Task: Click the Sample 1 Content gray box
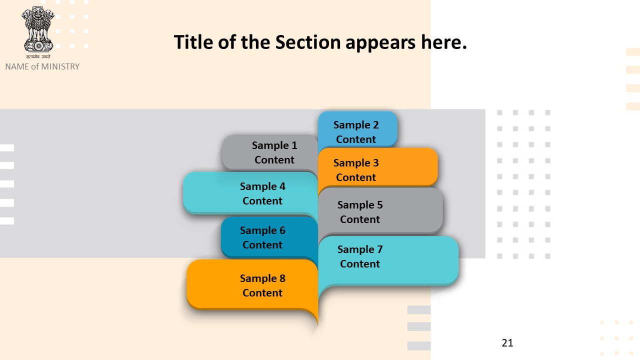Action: click(x=270, y=152)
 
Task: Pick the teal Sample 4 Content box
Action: click(x=250, y=193)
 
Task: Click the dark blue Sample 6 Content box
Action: click(x=269, y=237)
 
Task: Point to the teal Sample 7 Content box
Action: click(x=388, y=260)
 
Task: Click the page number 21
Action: click(x=507, y=343)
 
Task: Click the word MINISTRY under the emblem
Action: click(x=60, y=66)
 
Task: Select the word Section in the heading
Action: click(x=307, y=42)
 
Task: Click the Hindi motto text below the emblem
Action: click(x=38, y=56)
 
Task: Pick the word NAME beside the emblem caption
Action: click(x=17, y=66)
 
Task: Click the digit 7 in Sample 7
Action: click(x=379, y=249)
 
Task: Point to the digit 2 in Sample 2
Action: click(x=375, y=125)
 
